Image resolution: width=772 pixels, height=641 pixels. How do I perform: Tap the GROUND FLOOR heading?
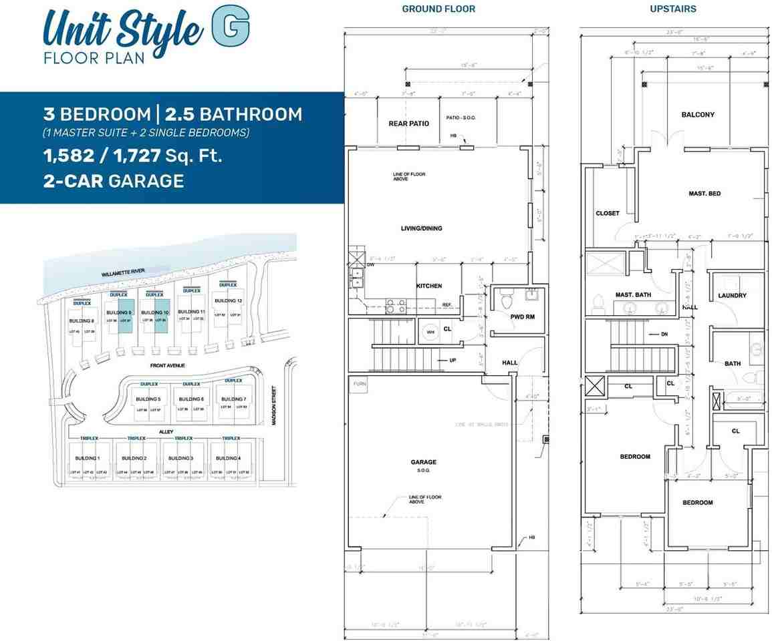[x=438, y=9]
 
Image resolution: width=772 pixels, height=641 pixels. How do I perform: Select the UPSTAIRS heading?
[x=673, y=9]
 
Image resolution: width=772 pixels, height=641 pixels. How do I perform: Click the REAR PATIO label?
[x=408, y=124]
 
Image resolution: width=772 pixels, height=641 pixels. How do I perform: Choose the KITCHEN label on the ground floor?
[x=429, y=286]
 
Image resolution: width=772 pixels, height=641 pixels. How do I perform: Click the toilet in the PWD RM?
[x=506, y=301]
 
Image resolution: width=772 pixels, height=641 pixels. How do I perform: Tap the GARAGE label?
[x=424, y=462]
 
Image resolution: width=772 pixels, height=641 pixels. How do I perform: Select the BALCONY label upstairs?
[x=698, y=115]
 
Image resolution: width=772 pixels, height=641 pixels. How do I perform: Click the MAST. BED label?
[x=704, y=194]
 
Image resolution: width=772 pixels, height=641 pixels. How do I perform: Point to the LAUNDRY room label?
[x=732, y=296]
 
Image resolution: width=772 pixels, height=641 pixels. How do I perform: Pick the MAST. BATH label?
[x=633, y=294]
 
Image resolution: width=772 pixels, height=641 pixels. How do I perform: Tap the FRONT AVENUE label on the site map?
[x=168, y=366]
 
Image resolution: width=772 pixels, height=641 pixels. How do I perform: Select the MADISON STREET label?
[x=275, y=409]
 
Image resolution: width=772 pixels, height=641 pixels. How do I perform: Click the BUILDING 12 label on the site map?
[x=229, y=300]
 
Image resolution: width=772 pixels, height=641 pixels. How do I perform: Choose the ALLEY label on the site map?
[x=166, y=432]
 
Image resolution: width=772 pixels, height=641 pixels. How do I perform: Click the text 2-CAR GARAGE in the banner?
[x=114, y=181]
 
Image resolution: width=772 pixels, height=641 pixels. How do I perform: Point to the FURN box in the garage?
[x=360, y=385]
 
